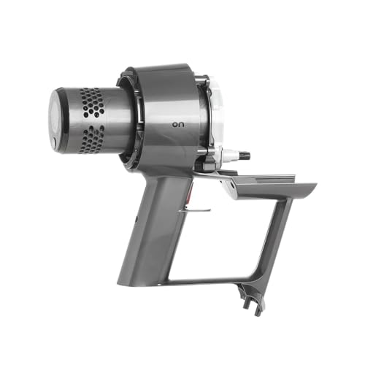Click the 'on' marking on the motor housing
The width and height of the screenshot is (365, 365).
click(178, 125)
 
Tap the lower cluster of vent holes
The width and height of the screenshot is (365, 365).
click(92, 139)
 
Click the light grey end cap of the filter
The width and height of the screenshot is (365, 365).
click(54, 120)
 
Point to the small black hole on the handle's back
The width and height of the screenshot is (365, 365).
click(136, 219)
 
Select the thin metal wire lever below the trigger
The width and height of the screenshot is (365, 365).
click(195, 210)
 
